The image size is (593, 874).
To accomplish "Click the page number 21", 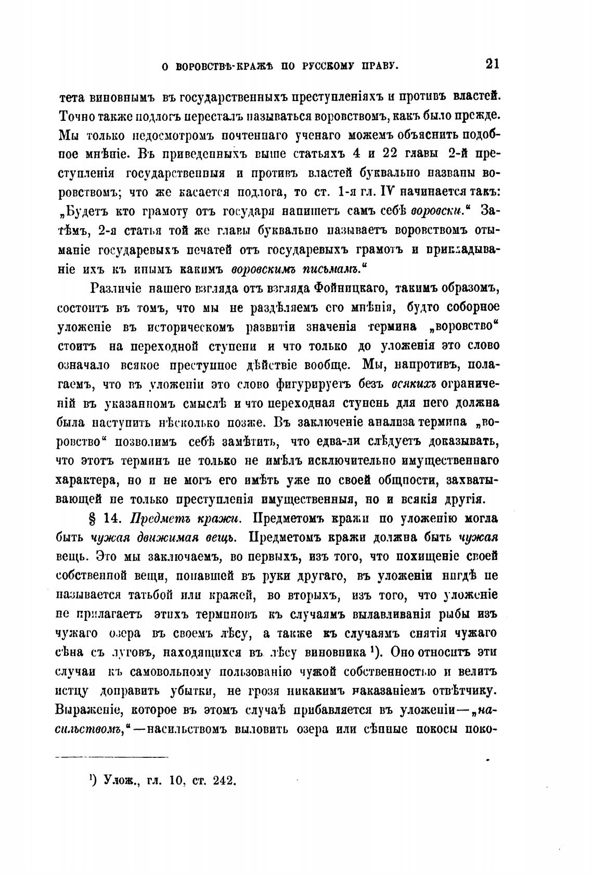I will pos(492,65).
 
